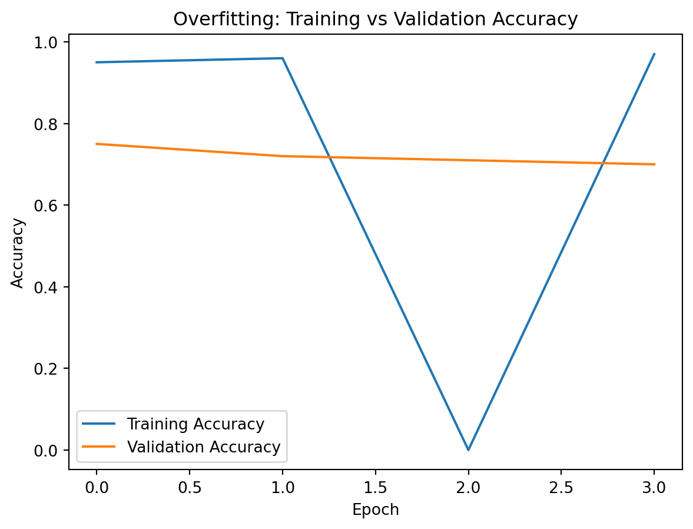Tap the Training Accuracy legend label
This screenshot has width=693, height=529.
click(195, 424)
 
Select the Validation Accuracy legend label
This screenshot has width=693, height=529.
click(204, 447)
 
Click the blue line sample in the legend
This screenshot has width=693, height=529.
click(100, 424)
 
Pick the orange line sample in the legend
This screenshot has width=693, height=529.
click(100, 447)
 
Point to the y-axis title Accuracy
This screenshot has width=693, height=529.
click(18, 252)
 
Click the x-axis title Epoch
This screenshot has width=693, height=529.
click(376, 510)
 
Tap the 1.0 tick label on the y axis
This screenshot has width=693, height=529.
click(49, 42)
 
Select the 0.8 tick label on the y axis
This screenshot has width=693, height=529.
click(49, 124)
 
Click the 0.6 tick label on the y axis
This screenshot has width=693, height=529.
click(49, 206)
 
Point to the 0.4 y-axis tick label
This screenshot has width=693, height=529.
click(49, 287)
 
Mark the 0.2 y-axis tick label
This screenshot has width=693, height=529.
click(49, 369)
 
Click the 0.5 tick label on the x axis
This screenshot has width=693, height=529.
click(190, 488)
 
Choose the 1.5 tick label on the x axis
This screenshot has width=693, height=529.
click(376, 488)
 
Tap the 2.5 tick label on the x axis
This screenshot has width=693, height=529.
click(561, 488)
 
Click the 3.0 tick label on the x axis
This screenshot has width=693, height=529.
click(654, 488)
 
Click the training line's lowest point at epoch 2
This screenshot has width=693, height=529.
click(469, 450)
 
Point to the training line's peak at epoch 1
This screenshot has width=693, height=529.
click(283, 58)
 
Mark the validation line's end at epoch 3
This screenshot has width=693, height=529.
click(654, 164)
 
